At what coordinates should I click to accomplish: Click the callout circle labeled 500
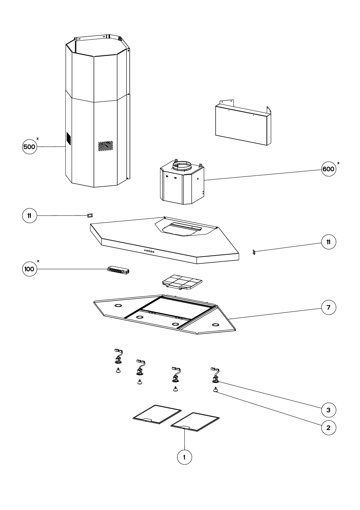(29, 147)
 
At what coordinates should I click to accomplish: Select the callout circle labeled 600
(329, 169)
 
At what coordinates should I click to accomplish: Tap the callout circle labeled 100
(29, 269)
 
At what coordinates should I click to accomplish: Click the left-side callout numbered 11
(29, 216)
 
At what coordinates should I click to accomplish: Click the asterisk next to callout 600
(338, 163)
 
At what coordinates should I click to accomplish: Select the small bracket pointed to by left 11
(90, 215)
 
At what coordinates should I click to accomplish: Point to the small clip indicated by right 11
(254, 252)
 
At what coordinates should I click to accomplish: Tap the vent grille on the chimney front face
(106, 146)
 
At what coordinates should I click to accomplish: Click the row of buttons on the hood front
(149, 252)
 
